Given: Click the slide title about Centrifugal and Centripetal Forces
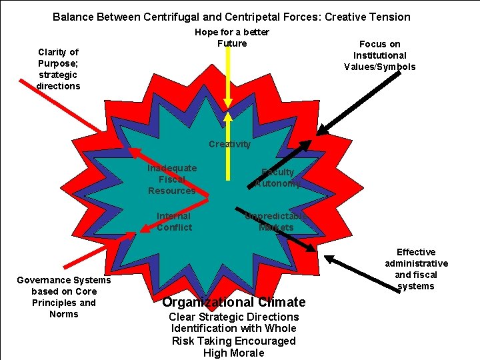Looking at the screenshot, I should (x=231, y=17).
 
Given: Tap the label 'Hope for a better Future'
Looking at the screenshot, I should (x=232, y=38).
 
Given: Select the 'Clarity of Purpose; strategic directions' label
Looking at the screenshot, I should (x=59, y=69).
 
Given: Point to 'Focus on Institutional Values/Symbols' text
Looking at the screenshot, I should (x=379, y=55).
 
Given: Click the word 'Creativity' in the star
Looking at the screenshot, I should (x=229, y=144).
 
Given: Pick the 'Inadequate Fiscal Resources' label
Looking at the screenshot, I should (x=172, y=179).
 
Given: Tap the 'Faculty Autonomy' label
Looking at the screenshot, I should (x=277, y=177).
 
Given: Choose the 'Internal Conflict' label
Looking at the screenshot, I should (x=173, y=221).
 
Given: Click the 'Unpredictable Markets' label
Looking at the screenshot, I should (x=276, y=221).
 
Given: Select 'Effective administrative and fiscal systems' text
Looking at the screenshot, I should (x=416, y=269).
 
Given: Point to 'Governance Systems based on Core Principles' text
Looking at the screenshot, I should (x=64, y=297).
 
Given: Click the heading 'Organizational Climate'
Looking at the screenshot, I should (x=233, y=302).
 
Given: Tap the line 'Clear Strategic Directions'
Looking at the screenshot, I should (x=233, y=317).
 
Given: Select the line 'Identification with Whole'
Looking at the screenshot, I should (x=233, y=328).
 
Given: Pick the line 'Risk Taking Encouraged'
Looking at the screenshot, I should (x=233, y=341).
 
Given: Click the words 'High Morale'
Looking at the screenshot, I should (x=233, y=353).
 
